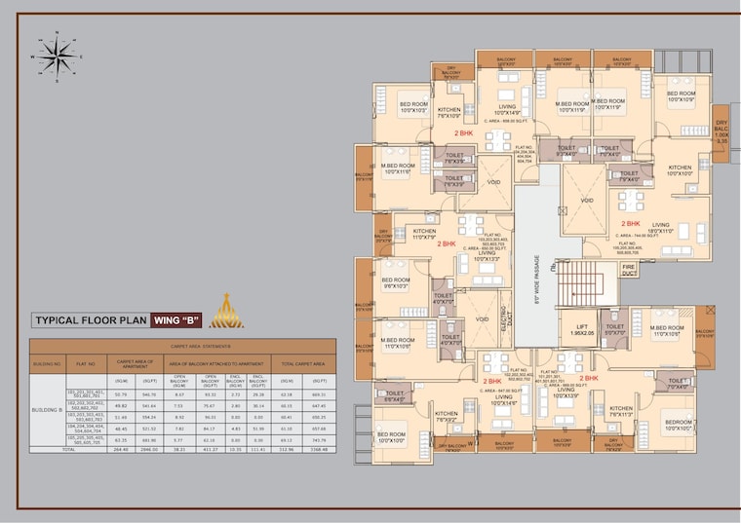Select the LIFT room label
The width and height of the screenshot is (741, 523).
(581, 330)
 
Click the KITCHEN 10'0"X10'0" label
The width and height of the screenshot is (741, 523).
(681, 170)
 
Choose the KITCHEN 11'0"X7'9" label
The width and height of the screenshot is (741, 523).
(410, 234)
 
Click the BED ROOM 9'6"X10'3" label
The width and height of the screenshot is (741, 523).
(396, 282)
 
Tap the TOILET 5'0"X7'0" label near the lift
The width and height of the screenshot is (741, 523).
(614, 330)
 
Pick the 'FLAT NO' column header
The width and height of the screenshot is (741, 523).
(85, 363)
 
